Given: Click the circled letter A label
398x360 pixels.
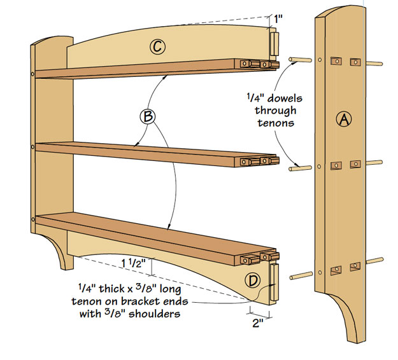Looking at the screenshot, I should pos(343,119).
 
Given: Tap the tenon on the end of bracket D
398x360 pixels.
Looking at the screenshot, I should pos(275,284).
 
